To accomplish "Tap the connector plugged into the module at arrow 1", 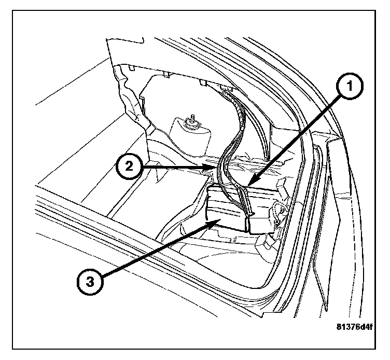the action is pos(247,202).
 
